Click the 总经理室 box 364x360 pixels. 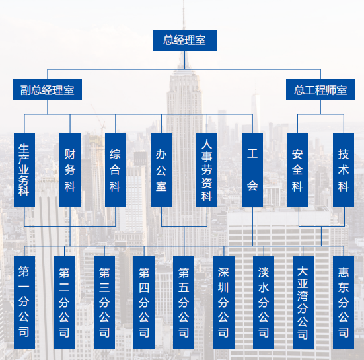[185, 40]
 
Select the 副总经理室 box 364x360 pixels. [47, 90]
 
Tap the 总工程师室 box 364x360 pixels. [320, 90]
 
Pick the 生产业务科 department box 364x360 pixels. [24, 170]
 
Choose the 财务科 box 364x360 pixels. [70, 170]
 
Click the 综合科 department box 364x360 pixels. [116, 170]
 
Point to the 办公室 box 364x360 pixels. [161, 170]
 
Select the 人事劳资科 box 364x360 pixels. [207, 170]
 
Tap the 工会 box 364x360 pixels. [252, 170]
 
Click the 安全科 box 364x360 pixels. [297, 170]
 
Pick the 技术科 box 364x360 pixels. [344, 170]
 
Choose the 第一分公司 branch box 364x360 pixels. [24, 303]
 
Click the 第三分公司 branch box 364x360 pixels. [104, 303]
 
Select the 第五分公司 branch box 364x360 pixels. [184, 303]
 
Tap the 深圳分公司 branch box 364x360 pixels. [224, 303]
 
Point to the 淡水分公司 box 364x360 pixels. [264, 303]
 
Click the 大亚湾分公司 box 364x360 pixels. [303, 303]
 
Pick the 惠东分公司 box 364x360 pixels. [344, 303]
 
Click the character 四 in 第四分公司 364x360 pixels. [144, 287]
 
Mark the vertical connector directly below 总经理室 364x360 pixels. [185, 60]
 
